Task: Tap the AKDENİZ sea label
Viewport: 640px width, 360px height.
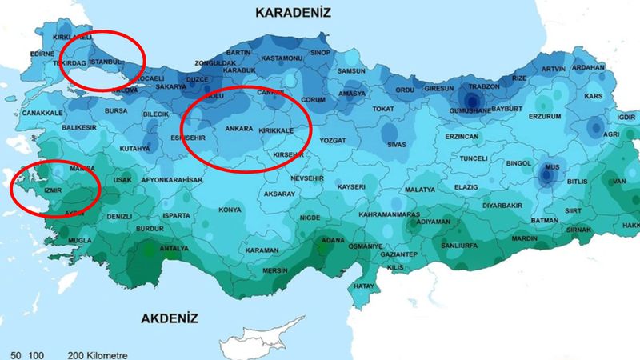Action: pos(169,318)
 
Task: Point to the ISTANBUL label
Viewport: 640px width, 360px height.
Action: pos(106,62)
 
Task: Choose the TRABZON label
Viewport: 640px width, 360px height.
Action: pos(484,86)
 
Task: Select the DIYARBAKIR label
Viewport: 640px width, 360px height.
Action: pos(502,205)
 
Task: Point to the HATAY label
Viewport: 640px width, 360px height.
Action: pos(364,286)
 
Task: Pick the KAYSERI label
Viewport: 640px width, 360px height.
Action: pos(351,187)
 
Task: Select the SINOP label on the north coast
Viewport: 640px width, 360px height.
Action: pos(320,53)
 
